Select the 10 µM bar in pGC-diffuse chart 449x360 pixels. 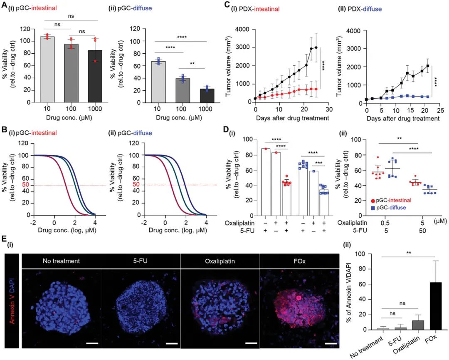coord(158,82)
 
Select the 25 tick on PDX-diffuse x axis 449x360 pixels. coord(439,111)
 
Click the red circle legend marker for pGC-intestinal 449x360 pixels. coord(373,200)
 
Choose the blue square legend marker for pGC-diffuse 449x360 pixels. coord(373,207)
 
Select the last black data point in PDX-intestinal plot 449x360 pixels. coord(316,47)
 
